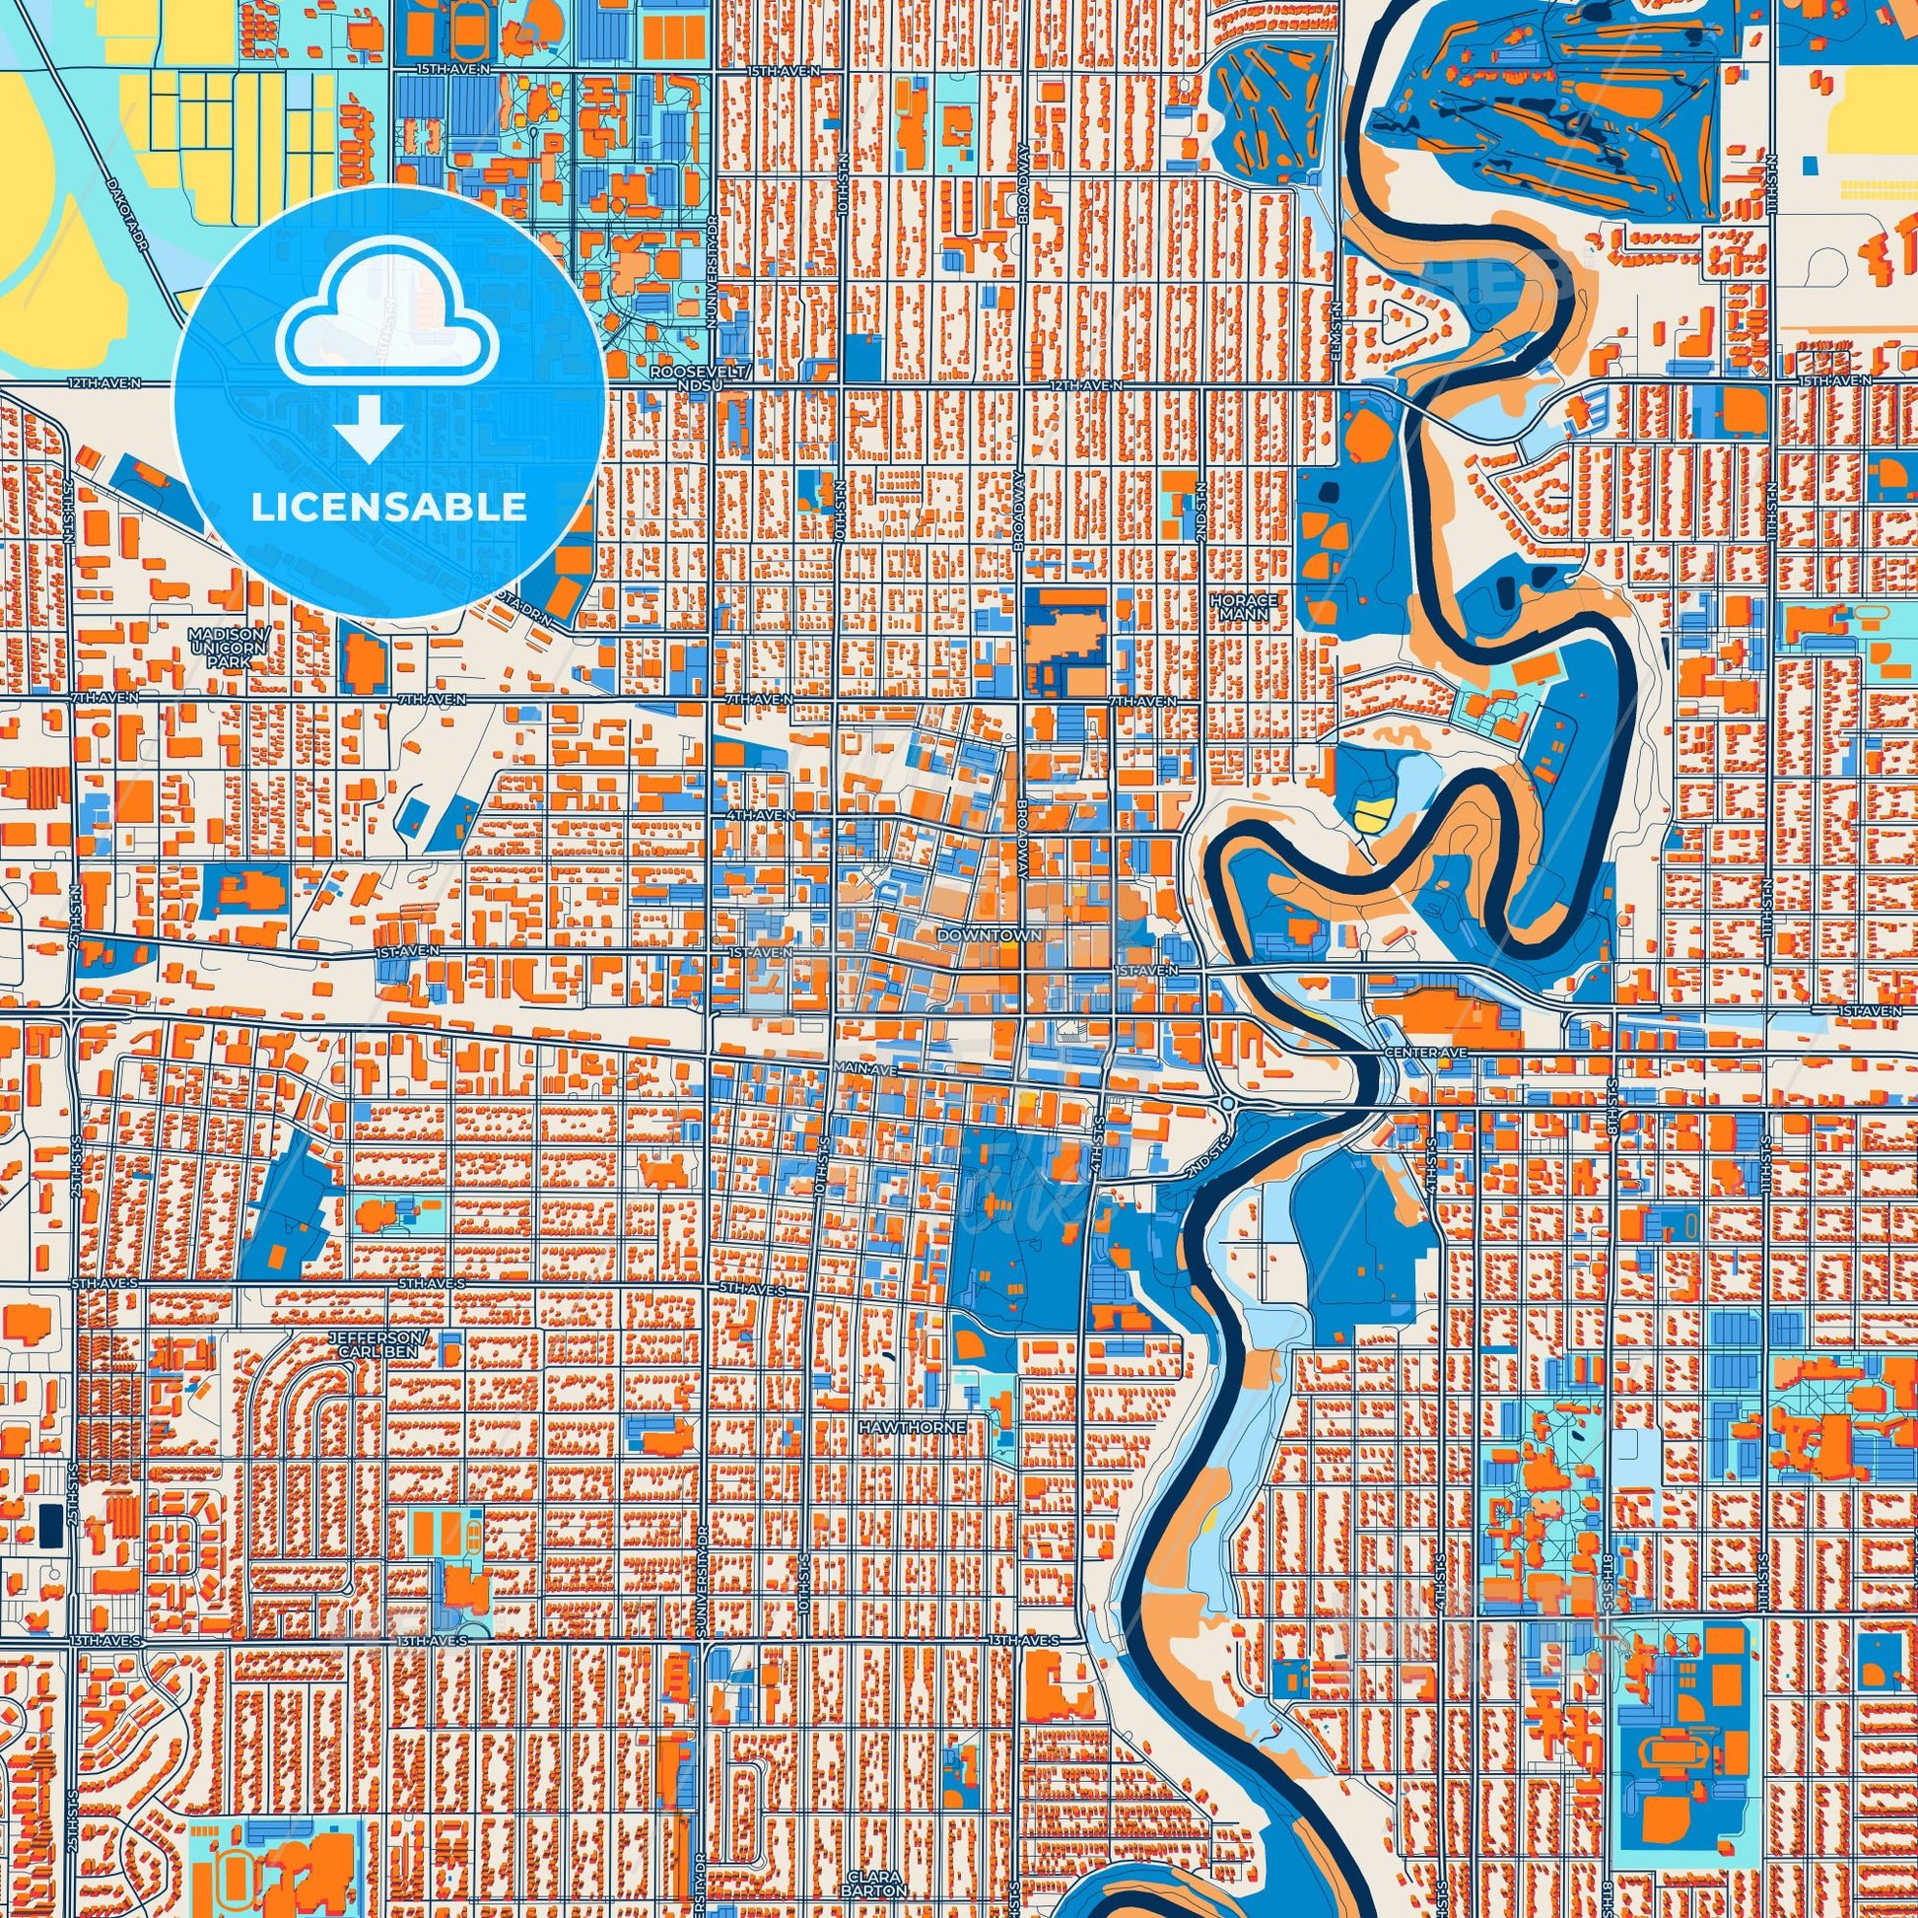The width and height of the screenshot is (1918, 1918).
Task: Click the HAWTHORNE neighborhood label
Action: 911,1426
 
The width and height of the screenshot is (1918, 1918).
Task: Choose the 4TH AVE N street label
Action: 760,815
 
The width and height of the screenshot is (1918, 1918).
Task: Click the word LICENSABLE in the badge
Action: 388,508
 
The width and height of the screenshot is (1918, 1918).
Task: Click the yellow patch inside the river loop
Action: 1368,816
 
